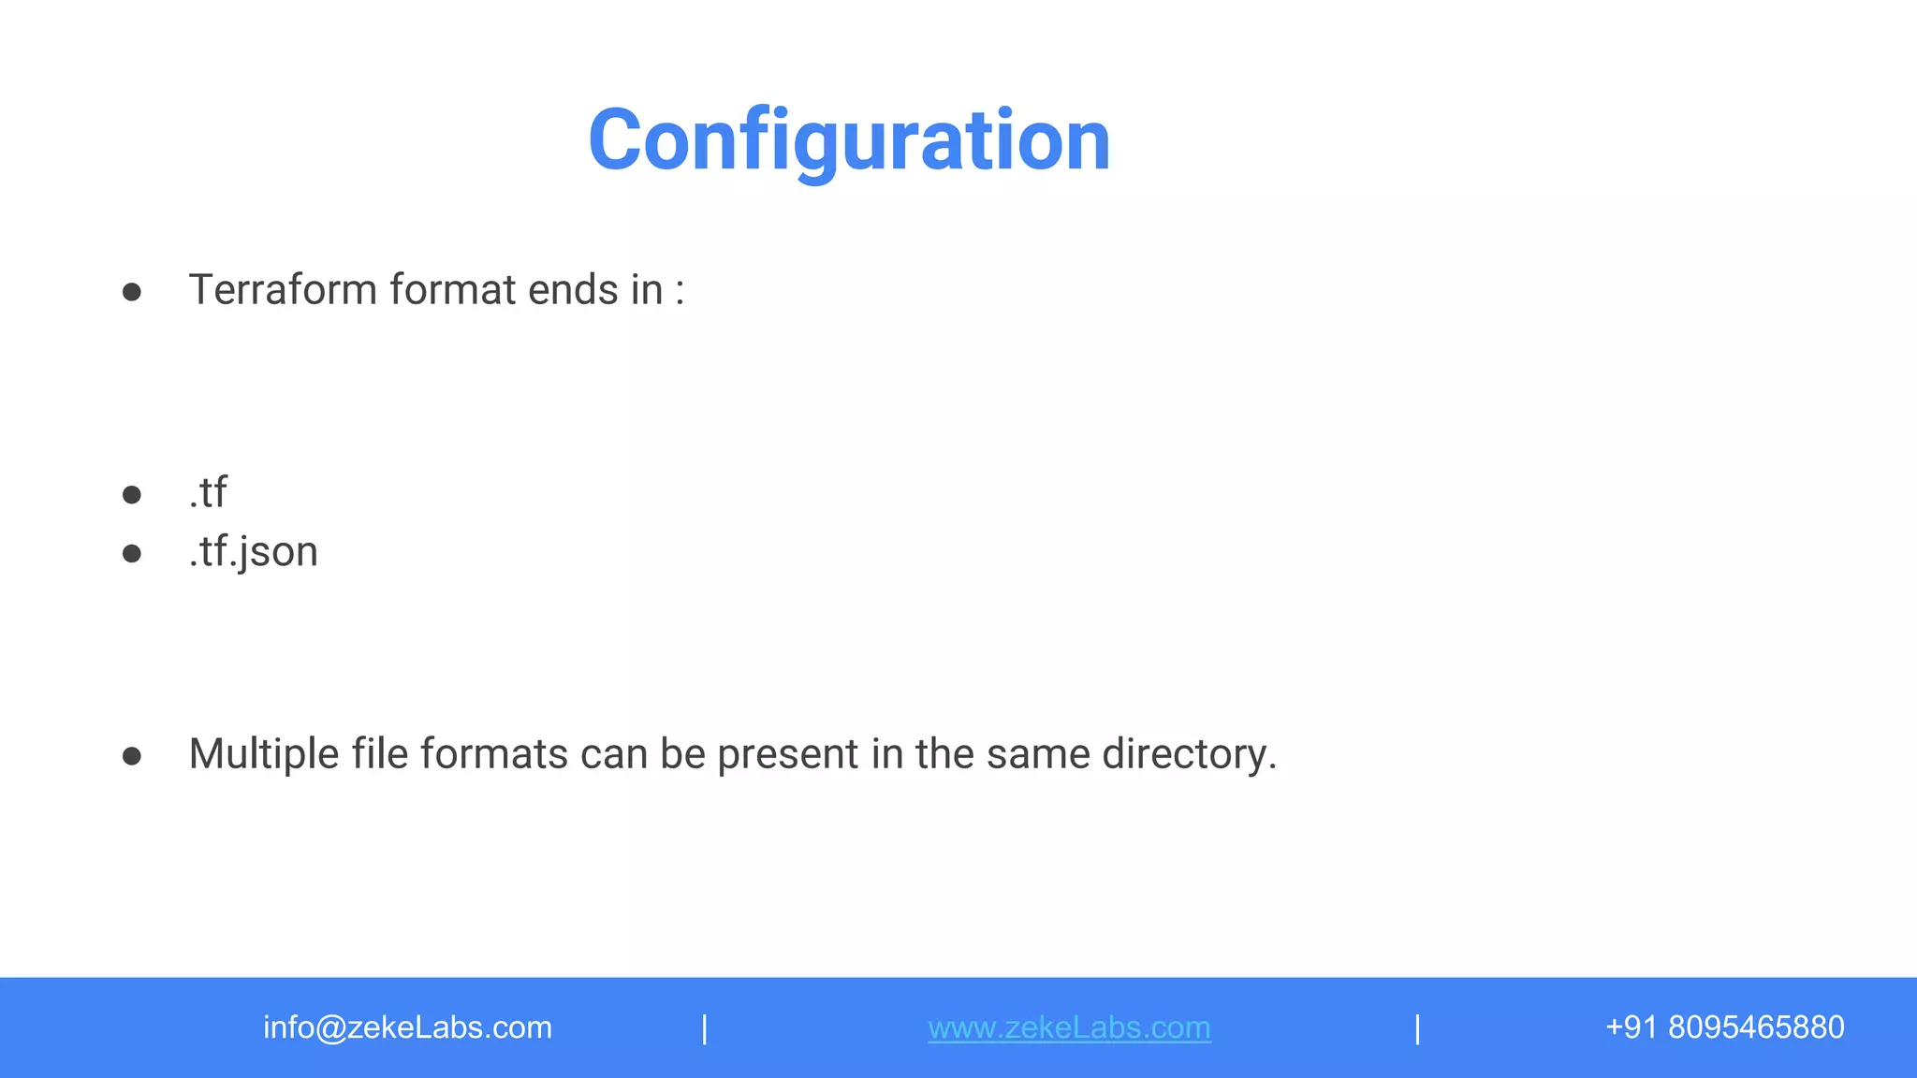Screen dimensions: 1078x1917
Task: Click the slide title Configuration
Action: tap(849, 140)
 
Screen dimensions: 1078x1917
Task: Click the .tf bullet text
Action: tap(208, 492)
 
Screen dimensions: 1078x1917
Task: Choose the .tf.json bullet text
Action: tap(253, 552)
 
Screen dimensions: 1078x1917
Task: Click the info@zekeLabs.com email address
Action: tap(407, 1027)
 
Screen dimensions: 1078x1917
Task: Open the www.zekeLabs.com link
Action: tap(1069, 1027)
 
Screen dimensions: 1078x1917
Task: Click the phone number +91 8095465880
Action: tap(1724, 1027)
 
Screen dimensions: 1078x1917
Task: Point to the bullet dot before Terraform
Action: tap(132, 292)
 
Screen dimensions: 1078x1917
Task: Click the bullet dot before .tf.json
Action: tap(132, 554)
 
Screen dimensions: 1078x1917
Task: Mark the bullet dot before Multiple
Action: tap(132, 756)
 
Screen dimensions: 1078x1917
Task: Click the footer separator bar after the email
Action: tap(705, 1028)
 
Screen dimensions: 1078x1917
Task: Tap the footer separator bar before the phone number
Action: tap(1418, 1028)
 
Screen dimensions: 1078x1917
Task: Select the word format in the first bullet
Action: tap(452, 290)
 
